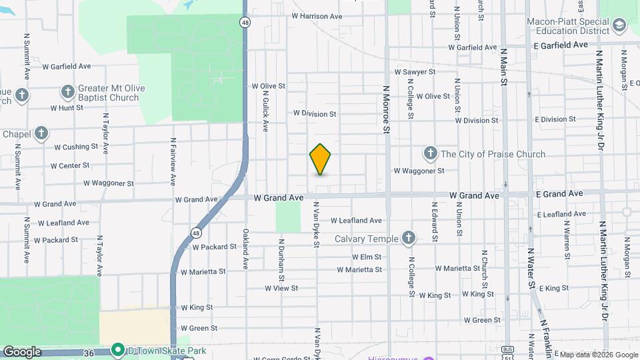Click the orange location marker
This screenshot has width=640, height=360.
point(321,159)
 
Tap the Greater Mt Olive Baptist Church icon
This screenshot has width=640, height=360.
point(67,91)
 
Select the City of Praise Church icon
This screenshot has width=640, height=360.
point(430,154)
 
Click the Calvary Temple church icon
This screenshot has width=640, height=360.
point(409,238)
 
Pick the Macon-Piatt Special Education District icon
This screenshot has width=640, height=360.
point(619,26)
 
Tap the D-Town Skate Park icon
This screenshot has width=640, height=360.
point(118,349)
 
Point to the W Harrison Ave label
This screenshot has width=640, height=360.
point(317,16)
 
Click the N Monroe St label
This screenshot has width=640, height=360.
point(386,109)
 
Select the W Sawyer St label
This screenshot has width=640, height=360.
point(415,71)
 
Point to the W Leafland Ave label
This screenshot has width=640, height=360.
point(355,220)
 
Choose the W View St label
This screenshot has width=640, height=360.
point(281,289)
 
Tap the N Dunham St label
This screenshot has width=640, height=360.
point(282,259)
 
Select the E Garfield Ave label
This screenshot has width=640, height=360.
point(561,45)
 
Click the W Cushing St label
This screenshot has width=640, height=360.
point(76,147)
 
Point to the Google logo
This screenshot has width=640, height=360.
point(22,352)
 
